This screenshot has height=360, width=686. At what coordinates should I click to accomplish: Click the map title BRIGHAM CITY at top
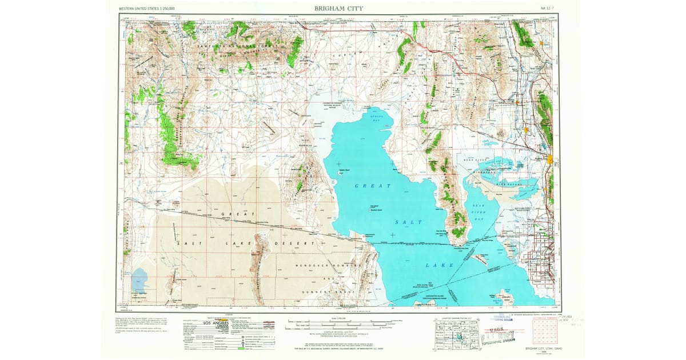pyautogui.click(x=338, y=9)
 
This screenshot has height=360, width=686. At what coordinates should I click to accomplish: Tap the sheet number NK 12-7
pyautogui.click(x=548, y=9)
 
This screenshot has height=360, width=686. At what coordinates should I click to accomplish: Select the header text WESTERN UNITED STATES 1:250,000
pyautogui.click(x=147, y=9)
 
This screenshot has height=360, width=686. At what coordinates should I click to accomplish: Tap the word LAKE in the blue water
pyautogui.click(x=440, y=265)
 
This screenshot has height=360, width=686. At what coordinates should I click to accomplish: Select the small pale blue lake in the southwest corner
pyautogui.click(x=139, y=280)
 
